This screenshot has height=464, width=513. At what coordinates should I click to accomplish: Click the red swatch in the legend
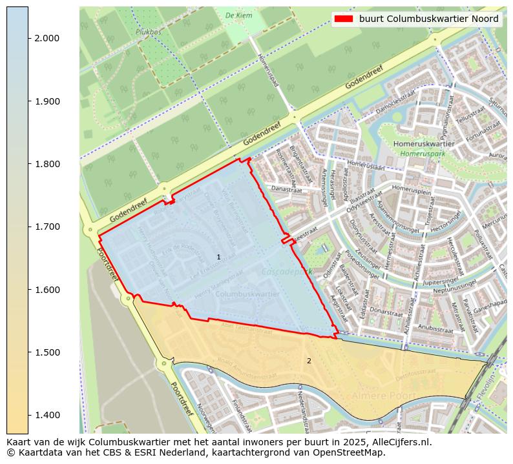(x=343, y=19)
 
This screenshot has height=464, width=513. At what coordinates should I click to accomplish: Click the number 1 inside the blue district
(x=218, y=257)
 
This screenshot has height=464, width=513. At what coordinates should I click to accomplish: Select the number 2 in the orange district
(x=309, y=361)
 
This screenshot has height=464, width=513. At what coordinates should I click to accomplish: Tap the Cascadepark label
(x=286, y=272)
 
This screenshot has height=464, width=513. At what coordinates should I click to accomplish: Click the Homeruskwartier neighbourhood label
(x=424, y=144)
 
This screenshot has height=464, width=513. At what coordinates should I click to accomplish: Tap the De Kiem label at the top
(x=238, y=15)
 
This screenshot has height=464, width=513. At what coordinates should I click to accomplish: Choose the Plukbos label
(x=149, y=31)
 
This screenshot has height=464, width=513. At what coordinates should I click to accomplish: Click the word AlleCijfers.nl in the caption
(x=394, y=443)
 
